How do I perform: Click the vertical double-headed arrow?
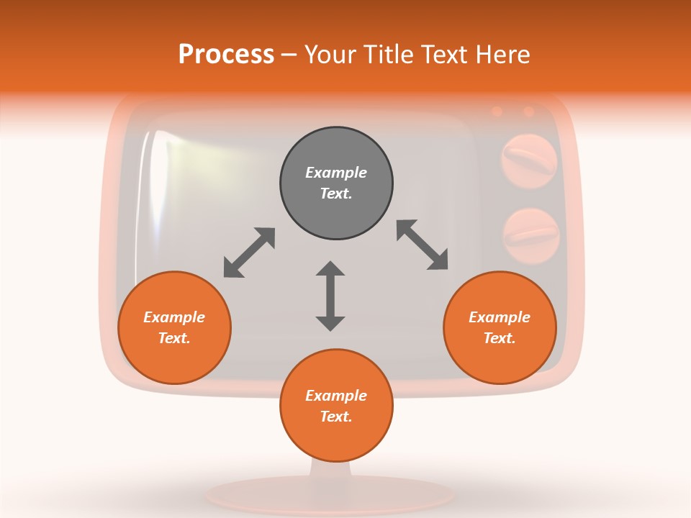click(330, 296)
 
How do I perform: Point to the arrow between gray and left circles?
click(249, 253)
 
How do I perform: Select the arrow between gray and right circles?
click(423, 245)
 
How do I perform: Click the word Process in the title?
click(226, 55)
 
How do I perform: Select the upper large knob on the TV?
click(529, 159)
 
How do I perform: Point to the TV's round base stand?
click(330, 494)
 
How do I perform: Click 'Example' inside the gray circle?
click(336, 173)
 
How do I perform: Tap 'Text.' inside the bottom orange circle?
click(336, 417)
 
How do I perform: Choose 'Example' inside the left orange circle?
click(174, 317)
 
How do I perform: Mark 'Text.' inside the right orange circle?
click(500, 338)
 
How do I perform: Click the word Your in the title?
click(330, 55)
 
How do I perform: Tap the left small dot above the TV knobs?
click(497, 112)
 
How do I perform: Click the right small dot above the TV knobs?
click(529, 112)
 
